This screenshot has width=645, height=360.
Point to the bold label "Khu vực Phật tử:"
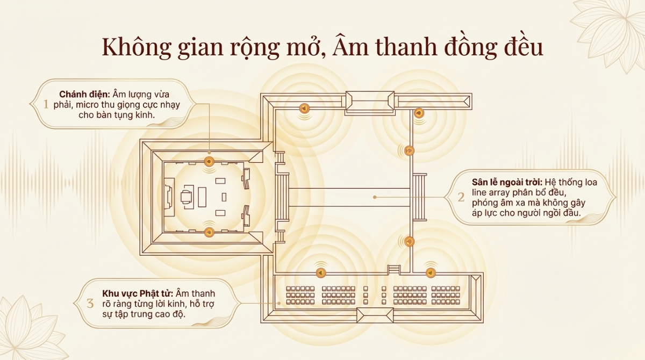coord(137,293)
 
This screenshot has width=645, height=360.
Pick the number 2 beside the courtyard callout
coord(461,197)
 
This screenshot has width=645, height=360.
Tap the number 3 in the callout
coord(90,304)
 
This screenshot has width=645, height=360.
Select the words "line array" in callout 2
coord(490,193)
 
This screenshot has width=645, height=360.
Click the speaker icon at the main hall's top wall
coord(209,161)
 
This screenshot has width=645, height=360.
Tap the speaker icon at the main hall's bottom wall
coord(209,233)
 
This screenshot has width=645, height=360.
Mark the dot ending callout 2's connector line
coord(375,197)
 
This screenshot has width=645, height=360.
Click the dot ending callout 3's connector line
coord(279,304)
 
